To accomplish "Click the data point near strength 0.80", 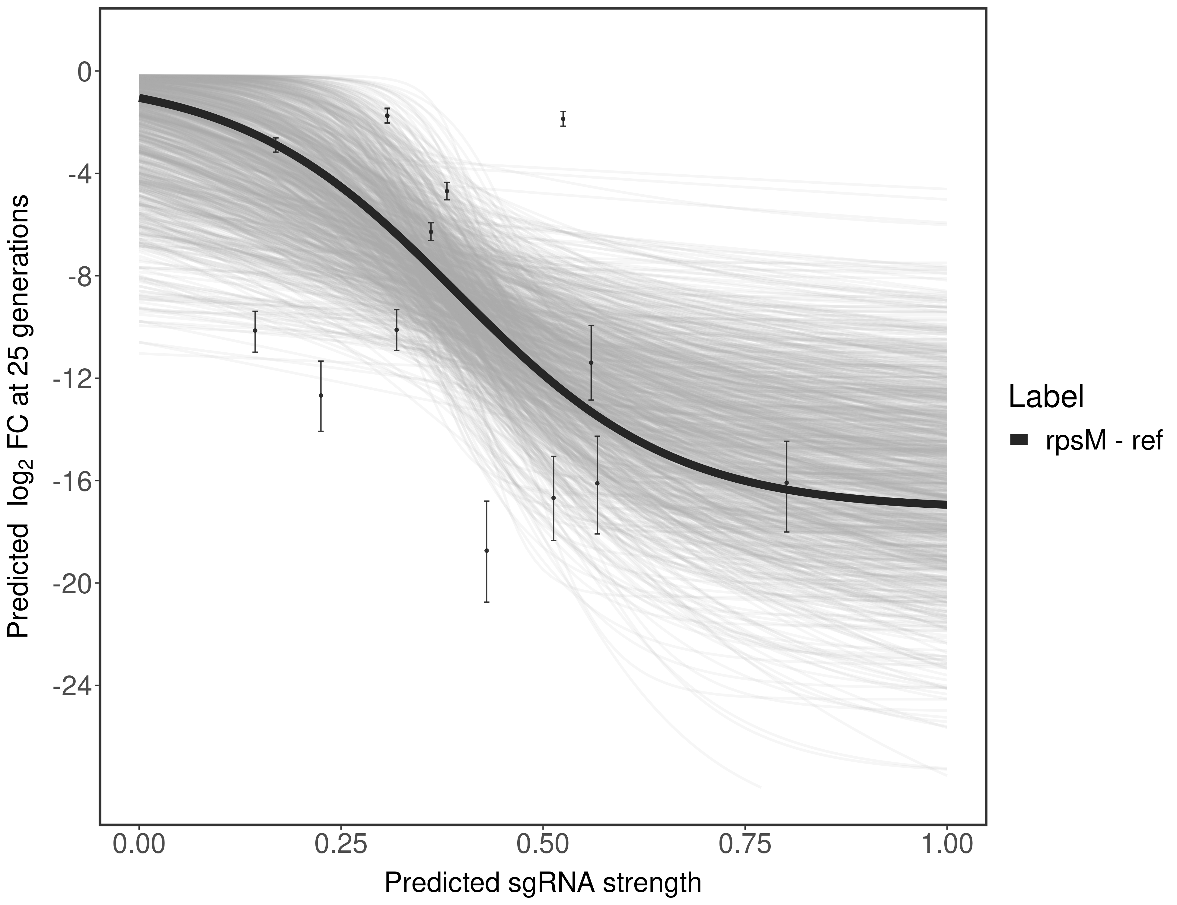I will click(x=786, y=483).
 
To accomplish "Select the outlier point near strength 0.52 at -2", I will click(x=563, y=119).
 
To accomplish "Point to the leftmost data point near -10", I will click(x=255, y=330).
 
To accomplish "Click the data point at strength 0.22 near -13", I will click(x=321, y=395).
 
